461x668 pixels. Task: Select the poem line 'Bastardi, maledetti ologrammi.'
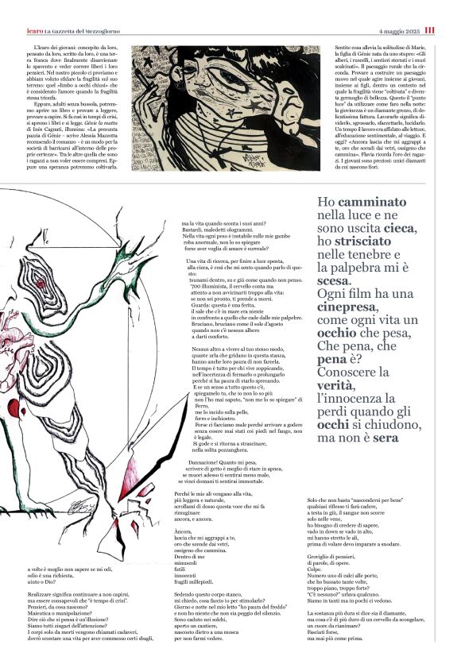(x=225, y=231)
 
